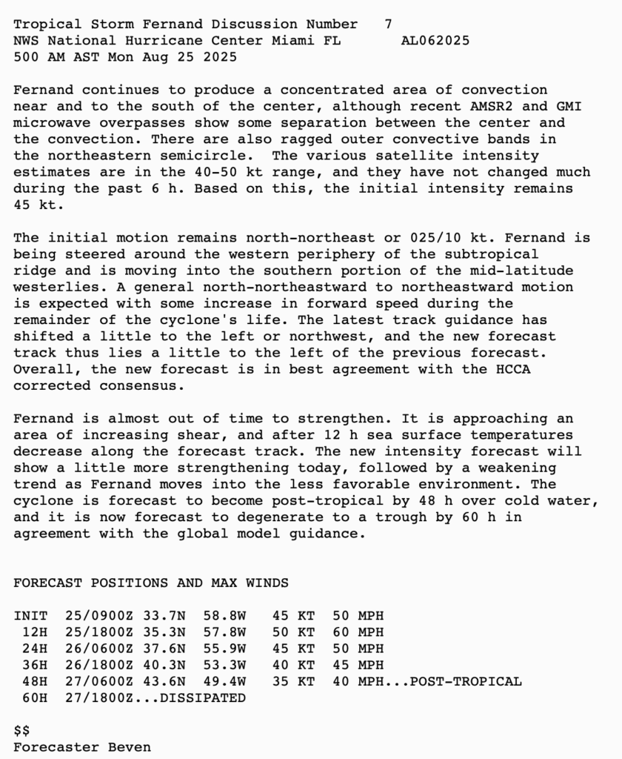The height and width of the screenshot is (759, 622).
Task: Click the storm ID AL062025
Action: tap(435, 41)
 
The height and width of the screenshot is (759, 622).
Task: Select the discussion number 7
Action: tap(389, 24)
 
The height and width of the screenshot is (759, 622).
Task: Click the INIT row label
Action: tap(30, 616)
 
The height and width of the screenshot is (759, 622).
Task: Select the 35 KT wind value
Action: tap(293, 681)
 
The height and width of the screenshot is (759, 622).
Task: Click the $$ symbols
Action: tap(21, 730)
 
